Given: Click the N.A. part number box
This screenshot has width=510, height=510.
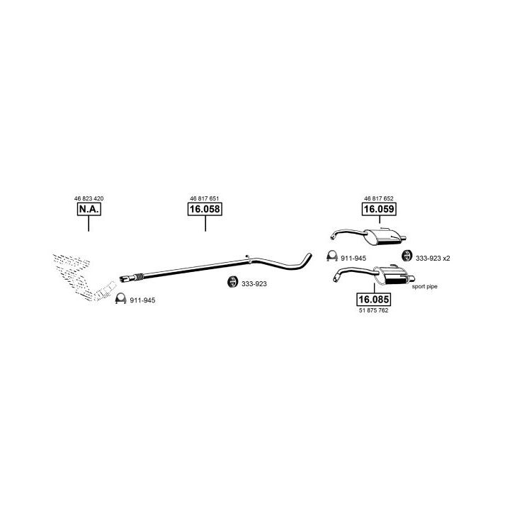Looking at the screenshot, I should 89,210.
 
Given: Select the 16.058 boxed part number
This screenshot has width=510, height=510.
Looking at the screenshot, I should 205,210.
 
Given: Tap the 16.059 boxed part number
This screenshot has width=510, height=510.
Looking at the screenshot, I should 379,210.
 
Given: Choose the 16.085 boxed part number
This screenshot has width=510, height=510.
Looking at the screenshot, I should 373,299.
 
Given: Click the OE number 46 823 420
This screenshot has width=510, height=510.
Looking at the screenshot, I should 89,198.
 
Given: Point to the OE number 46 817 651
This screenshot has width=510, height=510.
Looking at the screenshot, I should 205,198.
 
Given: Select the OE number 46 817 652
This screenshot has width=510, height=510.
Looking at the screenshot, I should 379,198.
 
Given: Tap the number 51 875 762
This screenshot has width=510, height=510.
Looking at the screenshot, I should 373,310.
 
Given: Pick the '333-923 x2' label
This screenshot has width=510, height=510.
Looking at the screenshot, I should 433,258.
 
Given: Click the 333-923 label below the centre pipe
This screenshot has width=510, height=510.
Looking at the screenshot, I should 254,284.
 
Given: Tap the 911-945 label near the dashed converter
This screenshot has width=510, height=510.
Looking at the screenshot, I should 142,300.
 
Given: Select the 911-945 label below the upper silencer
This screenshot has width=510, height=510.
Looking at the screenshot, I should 353,258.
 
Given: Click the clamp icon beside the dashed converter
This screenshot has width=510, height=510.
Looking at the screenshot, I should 120,299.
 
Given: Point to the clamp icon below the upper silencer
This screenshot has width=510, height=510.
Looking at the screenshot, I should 331,256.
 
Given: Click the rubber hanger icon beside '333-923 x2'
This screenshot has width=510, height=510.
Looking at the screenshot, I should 407,256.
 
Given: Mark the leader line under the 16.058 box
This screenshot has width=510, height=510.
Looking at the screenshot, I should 205,224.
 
